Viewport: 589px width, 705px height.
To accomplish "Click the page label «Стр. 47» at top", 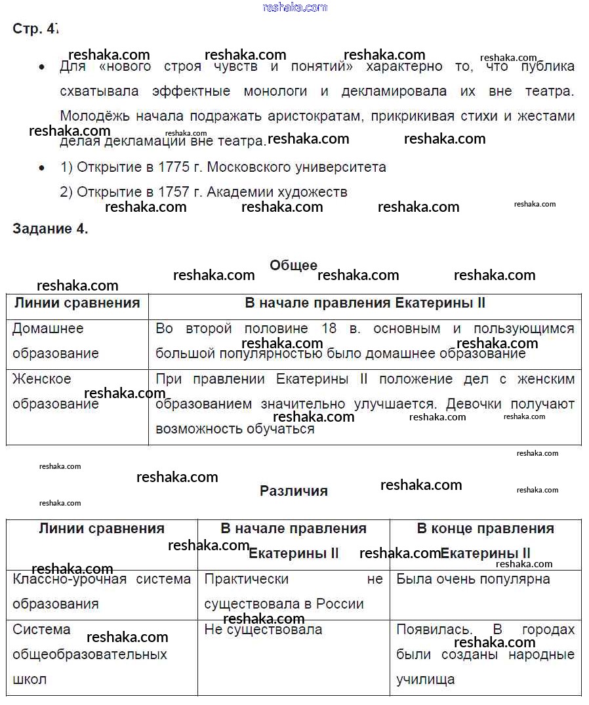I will coord(36,29).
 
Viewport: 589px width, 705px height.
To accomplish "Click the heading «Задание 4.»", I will coord(51,229).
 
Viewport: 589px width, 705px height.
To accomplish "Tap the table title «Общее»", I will coord(293,265).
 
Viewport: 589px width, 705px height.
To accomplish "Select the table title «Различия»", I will coord(293,491).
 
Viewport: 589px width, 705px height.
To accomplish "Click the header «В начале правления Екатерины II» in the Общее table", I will coord(365,303).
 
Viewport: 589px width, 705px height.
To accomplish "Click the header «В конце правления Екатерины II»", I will coord(485,540).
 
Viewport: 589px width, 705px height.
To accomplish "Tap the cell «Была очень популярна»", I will coord(473,579).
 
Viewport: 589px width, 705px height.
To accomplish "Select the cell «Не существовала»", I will coord(263,630).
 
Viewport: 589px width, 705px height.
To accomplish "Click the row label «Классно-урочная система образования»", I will coord(101,591).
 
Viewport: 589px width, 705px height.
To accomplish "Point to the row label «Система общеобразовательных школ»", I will coord(89,655).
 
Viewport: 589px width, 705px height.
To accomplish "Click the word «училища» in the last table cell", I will coord(425,679).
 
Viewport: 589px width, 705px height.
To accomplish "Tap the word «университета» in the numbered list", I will coord(342,167).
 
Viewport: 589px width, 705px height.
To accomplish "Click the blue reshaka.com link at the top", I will coord(294,7).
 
